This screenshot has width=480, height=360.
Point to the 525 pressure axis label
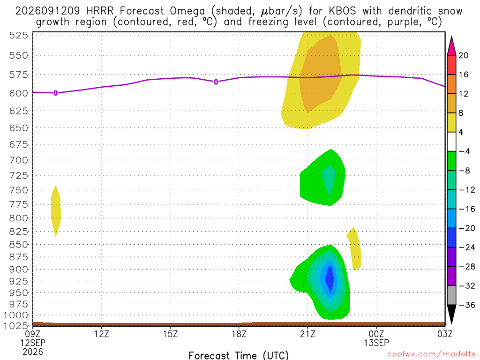18,36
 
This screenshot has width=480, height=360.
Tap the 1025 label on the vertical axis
15,326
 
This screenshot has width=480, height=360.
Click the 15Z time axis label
170,334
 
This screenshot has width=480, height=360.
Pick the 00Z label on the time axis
376,334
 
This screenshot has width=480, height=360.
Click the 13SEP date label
376,343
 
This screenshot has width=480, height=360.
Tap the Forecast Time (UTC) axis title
239,355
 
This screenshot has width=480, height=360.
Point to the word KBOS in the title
343,11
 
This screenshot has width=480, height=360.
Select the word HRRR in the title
100,11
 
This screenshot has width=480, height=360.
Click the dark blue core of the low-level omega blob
330,279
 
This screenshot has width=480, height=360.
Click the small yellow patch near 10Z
56,211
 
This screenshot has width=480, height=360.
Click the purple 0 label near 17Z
216,82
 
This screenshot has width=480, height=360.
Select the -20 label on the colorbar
467,228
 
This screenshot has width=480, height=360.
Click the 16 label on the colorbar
464,75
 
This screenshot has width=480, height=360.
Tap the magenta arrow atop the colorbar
451,45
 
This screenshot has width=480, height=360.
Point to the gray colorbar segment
451,295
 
